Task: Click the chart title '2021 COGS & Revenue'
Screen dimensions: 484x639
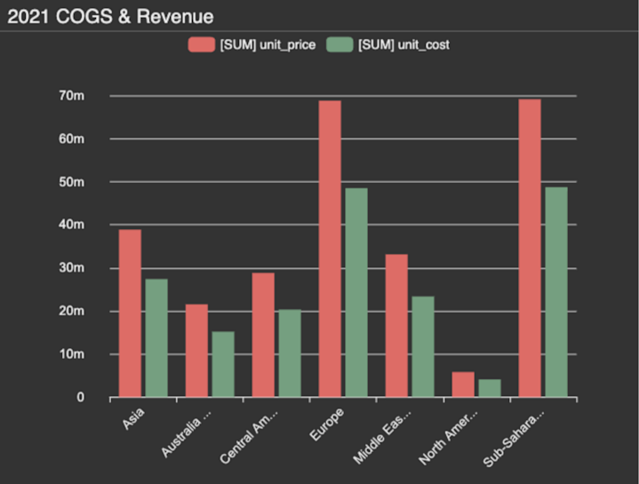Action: [110, 16]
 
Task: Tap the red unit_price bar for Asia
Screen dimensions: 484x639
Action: [130, 313]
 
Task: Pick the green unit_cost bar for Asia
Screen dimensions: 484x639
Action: [156, 337]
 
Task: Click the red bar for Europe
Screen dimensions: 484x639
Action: [330, 249]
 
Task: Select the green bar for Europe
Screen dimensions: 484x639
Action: [356, 292]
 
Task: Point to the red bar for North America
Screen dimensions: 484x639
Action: [463, 385]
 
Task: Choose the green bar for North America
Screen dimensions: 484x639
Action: [490, 388]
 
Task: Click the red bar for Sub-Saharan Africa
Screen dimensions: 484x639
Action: [530, 248]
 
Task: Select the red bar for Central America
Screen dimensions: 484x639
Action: [263, 335]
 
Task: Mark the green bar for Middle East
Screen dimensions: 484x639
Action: [423, 346]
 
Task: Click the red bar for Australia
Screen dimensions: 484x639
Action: [196, 351]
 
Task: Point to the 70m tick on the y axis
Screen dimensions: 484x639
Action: [72, 96]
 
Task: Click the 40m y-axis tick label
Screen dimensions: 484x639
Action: [72, 226]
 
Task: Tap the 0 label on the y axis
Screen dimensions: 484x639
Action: [80, 398]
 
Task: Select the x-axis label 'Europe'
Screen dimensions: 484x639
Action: [328, 419]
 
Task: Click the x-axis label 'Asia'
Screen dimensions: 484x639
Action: [133, 416]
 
